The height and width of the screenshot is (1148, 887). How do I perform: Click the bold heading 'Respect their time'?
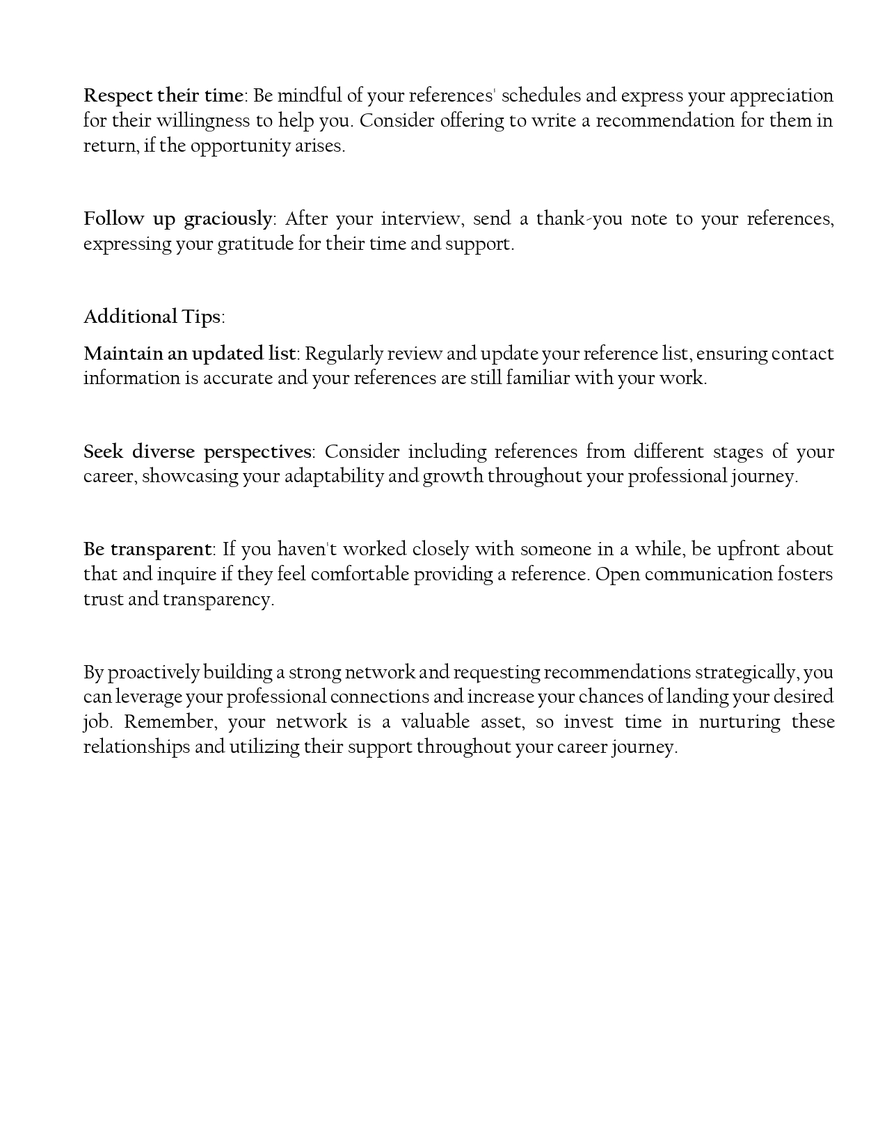tap(163, 95)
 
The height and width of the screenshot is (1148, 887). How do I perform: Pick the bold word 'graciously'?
tap(227, 218)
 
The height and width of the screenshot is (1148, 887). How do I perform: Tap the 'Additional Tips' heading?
tap(152, 317)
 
